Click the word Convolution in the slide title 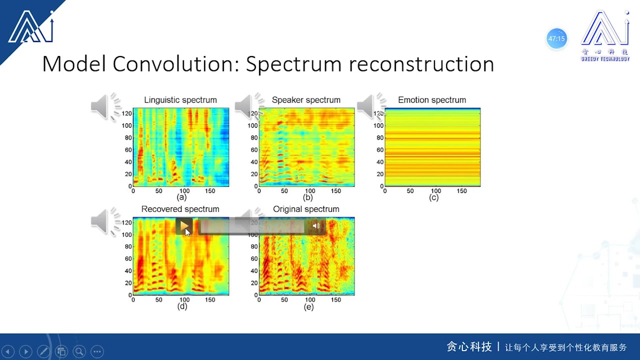coord(175,64)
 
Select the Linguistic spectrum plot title coord(180,100)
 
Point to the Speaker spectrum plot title coord(306,100)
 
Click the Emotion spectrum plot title coord(432,100)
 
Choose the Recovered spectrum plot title coord(180,209)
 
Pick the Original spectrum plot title coord(306,209)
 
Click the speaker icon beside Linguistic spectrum coord(105,106)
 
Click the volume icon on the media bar coord(316,226)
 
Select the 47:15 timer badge coord(556,38)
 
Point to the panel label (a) coord(182,197)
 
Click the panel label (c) coord(433,197)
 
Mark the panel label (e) coord(308,306)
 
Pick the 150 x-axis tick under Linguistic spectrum coord(210,191)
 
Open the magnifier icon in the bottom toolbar coord(79,351)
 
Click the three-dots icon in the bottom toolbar coord(97,351)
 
